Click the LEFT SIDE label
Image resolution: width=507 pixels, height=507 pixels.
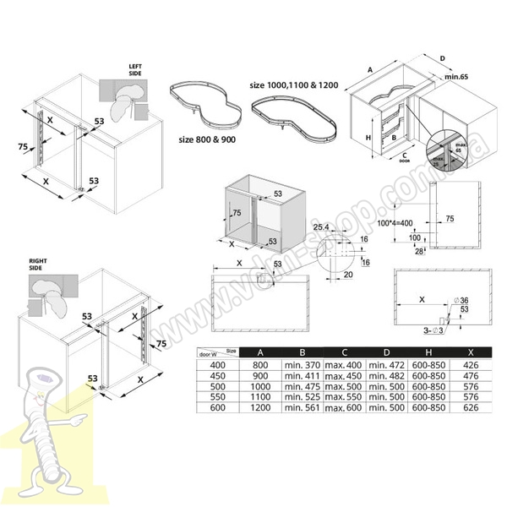135,69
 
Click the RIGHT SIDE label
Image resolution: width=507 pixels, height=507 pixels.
37,264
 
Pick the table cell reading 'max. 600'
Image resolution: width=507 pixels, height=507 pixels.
343,408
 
